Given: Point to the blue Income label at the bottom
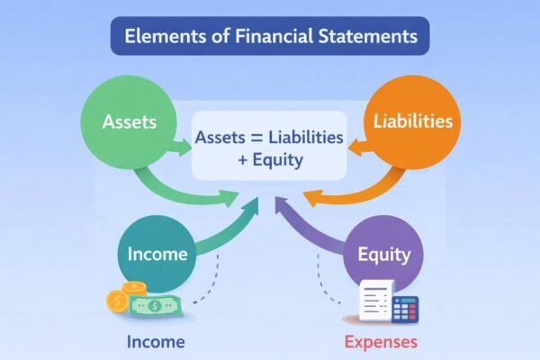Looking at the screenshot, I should click(156, 342).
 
